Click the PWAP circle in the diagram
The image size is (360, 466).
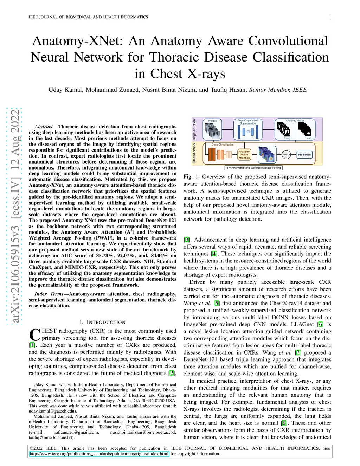tap(287, 154)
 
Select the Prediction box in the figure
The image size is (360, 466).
tap(304, 154)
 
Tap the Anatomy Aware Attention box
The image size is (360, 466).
tap(244, 155)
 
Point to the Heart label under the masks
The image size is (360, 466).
tap(308, 138)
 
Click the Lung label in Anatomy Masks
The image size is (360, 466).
tap(287, 138)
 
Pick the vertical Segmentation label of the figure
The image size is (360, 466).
tap(194, 129)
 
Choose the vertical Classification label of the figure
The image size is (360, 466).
tap(194, 153)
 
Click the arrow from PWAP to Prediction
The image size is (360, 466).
tap(294, 154)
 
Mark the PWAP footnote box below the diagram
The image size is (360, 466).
tap(253, 168)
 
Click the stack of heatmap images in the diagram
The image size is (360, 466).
tap(267, 154)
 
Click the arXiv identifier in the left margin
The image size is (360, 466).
tap(15, 216)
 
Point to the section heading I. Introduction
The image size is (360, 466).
tap(102, 322)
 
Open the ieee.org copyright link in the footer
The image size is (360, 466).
tap(99, 454)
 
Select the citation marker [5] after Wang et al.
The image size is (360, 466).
tap(217, 303)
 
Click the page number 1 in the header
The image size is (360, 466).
tap(330, 17)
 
